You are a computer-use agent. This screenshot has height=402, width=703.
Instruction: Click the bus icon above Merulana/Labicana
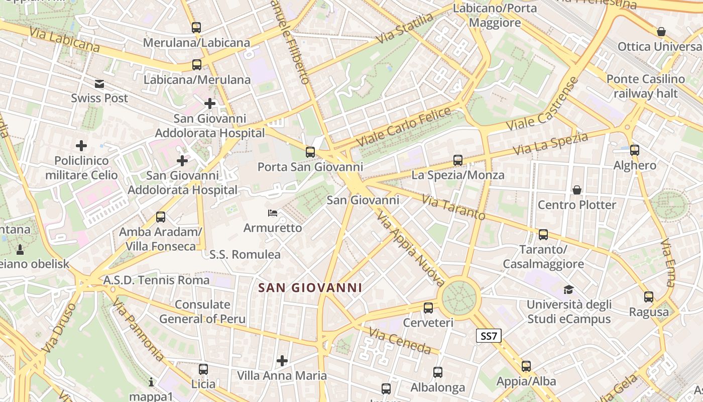coord(196,28)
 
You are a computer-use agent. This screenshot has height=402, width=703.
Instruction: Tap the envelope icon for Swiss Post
coord(99,84)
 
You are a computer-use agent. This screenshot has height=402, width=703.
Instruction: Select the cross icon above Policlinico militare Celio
coord(81,146)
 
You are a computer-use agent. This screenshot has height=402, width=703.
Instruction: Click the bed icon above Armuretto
coord(273,214)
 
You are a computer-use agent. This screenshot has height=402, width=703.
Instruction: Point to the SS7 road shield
coord(489,336)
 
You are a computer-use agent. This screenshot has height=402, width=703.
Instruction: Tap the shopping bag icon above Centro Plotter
coord(577,190)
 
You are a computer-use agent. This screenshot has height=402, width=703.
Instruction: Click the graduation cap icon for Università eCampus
coord(568,289)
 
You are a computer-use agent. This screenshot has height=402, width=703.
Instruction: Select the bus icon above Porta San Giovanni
coord(310,152)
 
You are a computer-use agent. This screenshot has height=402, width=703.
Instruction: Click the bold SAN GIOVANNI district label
coord(310,288)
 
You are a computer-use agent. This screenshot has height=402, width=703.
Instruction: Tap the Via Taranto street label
coord(453,207)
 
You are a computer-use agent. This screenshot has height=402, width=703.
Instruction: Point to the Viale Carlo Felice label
coord(404,127)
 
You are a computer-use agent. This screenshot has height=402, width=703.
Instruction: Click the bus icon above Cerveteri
coord(428,308)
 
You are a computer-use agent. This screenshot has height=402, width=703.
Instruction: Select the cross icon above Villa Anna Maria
coord(282,360)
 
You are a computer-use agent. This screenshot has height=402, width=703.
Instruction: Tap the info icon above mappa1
coord(151,382)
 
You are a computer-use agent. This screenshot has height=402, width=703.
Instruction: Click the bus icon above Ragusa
coord(649,297)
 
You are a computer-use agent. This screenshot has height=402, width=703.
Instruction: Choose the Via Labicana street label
coord(64,40)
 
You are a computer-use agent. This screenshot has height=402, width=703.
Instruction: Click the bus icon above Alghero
coord(635,150)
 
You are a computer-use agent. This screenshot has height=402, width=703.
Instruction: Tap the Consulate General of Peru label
coord(202,312)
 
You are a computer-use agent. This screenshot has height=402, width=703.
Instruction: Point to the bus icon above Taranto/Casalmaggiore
coord(543,235)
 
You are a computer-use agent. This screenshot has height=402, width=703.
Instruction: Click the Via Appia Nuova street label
coord(410,249)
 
